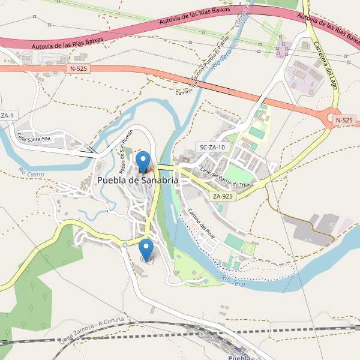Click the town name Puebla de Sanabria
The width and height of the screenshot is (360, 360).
pyautogui.click(x=138, y=180)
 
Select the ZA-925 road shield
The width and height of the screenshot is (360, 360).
pyautogui.click(x=223, y=196)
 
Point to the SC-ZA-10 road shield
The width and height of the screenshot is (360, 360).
pyautogui.click(x=212, y=147)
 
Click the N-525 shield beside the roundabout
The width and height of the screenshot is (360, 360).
pyautogui.click(x=344, y=120)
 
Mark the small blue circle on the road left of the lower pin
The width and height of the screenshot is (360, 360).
pyautogui.click(x=124, y=245)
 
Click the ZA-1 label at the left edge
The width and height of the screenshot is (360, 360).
pyautogui.click(x=8, y=115)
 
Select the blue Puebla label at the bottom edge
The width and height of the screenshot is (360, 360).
pyautogui.click(x=239, y=358)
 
